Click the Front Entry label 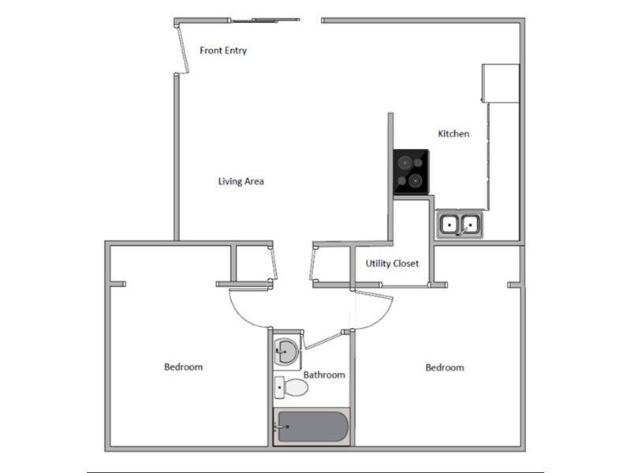point(223,50)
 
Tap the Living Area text point(241,181)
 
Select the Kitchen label point(454,134)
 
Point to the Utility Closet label point(392,263)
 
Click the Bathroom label point(324,375)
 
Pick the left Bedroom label point(184,367)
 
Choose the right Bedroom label point(445,367)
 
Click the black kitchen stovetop point(412,173)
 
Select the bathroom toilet point(290,389)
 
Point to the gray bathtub point(311,427)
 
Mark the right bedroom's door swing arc point(377,315)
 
